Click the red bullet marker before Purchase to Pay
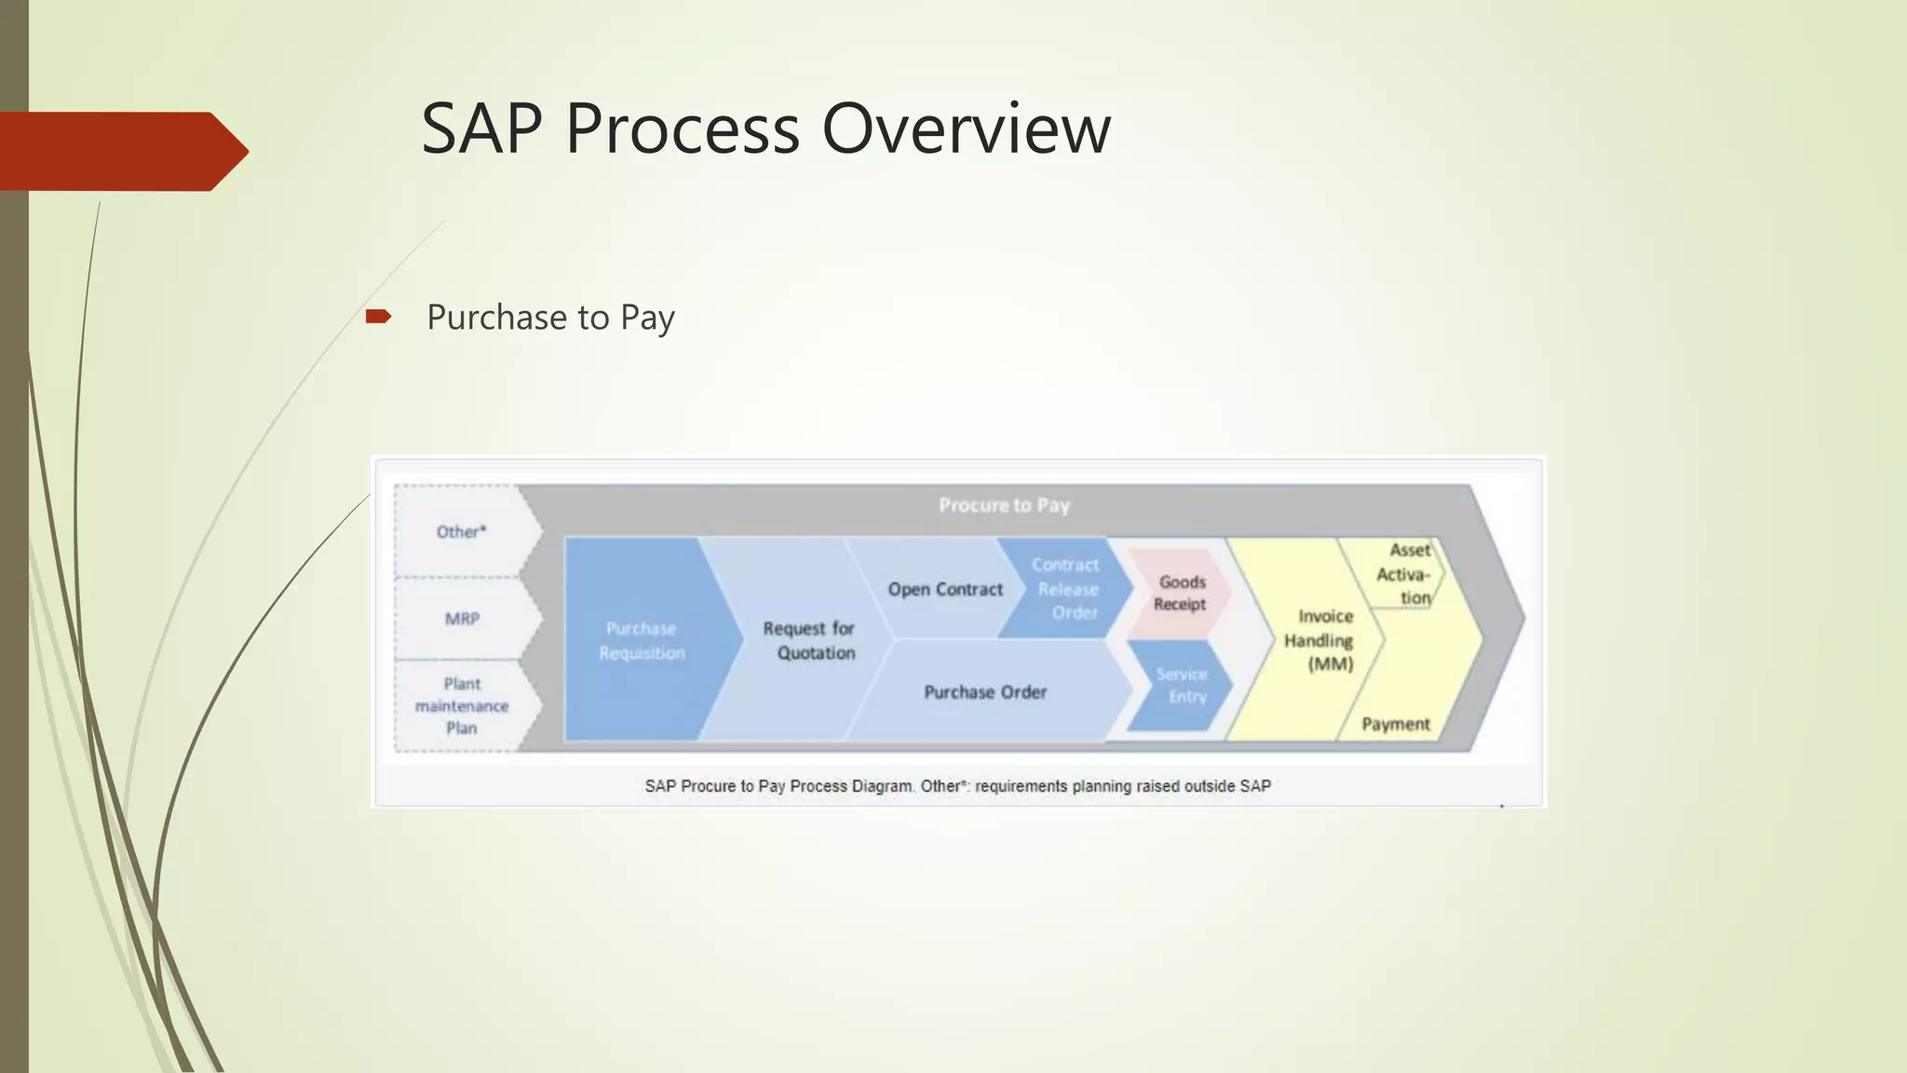point(378,317)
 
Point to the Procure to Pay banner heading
point(1004,506)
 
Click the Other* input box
point(462,532)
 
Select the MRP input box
point(462,619)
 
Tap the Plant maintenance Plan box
point(462,706)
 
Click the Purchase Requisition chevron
point(642,641)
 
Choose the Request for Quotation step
point(808,641)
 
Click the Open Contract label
point(945,590)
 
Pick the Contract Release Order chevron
point(1067,589)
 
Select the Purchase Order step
point(985,692)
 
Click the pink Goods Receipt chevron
point(1181,592)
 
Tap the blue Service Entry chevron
point(1183,686)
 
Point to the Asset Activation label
point(1406,574)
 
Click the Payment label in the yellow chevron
point(1395,725)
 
